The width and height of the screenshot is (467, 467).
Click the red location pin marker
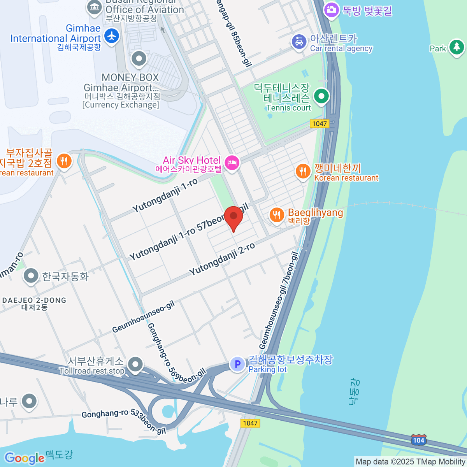233,217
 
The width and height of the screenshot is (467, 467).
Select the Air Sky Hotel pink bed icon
232,163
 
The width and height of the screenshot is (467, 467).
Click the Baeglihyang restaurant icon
276,214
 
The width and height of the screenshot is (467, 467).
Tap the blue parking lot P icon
237,364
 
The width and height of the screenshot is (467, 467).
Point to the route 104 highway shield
418,440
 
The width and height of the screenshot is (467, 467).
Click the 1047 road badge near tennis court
320,124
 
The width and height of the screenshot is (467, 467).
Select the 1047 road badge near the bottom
250,423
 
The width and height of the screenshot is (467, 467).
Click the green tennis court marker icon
321,96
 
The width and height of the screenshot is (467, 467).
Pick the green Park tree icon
456,47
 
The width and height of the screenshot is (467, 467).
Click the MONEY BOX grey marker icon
139,59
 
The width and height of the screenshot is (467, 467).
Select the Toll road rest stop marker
135,365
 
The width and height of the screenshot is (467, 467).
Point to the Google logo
24,458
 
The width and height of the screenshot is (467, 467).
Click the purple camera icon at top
332,9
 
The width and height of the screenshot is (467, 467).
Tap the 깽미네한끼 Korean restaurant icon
303,171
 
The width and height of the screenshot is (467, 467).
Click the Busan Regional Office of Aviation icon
94,7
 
